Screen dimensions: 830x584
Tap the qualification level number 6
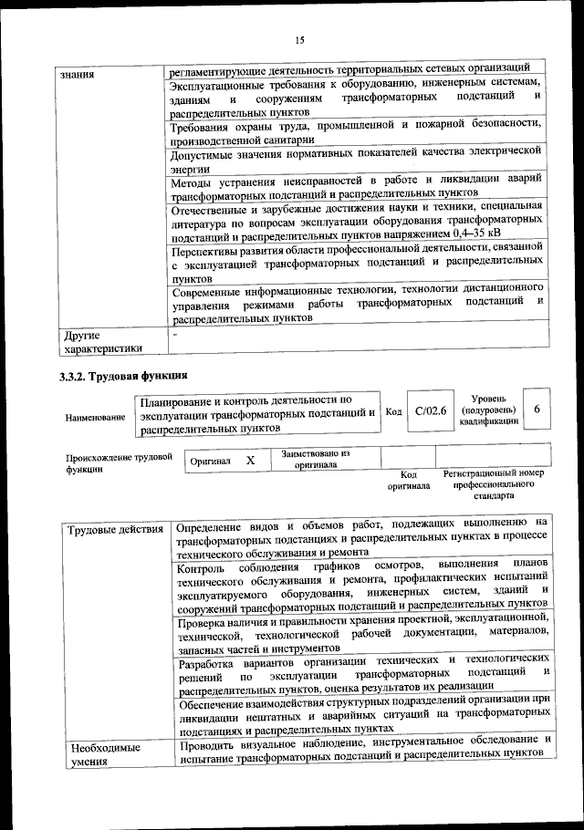[x=537, y=410]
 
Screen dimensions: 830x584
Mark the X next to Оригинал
[x=250, y=461]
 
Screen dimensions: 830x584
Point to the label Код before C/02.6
[x=393, y=412]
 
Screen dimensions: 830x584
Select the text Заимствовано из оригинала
[x=315, y=458]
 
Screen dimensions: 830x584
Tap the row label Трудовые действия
[x=116, y=530]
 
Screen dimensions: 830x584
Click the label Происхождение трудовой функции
[x=119, y=463]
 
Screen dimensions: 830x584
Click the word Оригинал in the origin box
[x=210, y=462]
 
